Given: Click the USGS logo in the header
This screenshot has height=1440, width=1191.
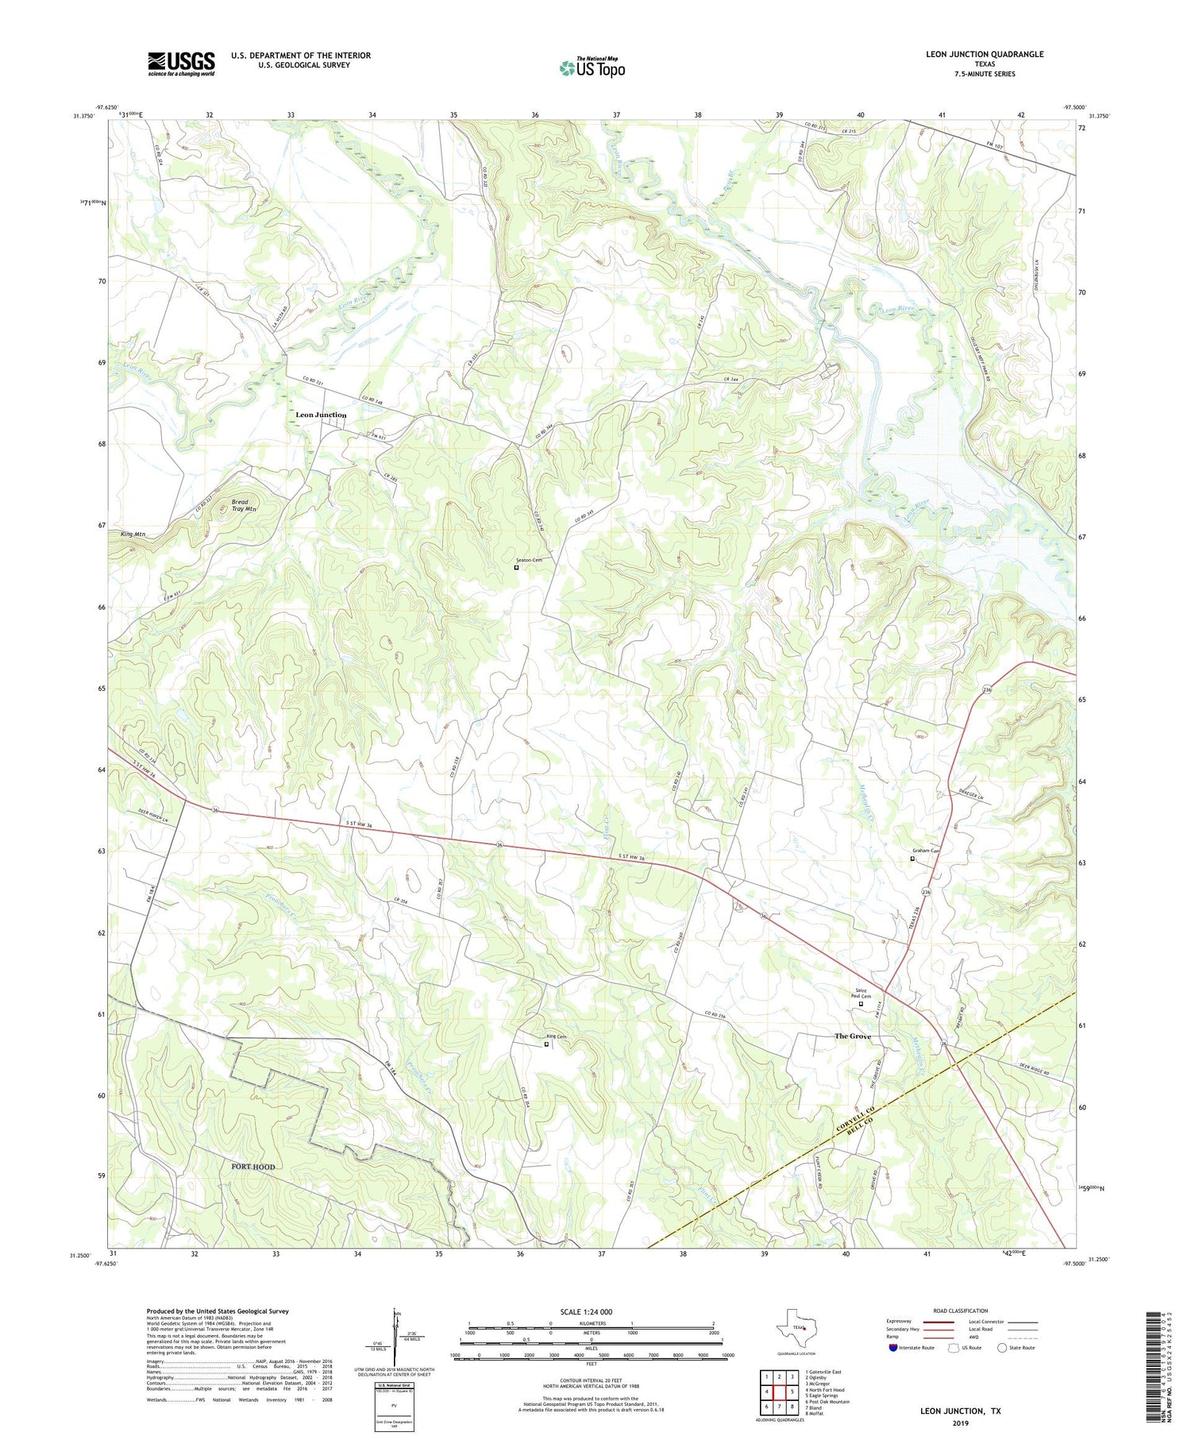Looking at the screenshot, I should click(x=181, y=64).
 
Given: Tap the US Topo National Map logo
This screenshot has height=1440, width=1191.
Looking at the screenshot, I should click(x=592, y=68).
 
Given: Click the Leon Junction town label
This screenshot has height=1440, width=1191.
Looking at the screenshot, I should click(x=321, y=415).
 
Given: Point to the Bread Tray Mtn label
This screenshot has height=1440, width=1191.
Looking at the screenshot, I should click(x=244, y=505).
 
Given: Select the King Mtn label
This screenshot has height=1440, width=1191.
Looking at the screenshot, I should click(x=133, y=535).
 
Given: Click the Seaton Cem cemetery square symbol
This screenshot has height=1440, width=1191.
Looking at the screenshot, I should click(x=516, y=567).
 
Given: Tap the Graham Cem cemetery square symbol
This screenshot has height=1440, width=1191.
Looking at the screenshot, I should click(x=912, y=859).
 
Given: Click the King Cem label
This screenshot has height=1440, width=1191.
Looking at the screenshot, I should click(x=556, y=1037).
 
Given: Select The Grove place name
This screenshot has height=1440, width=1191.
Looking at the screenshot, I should click(x=852, y=1037).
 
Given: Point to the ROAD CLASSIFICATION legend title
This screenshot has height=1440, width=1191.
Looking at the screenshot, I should click(x=961, y=1311).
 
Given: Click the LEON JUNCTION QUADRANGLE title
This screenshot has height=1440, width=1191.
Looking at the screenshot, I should click(x=984, y=54).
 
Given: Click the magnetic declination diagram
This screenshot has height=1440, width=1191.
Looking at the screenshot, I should click(x=395, y=1339).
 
